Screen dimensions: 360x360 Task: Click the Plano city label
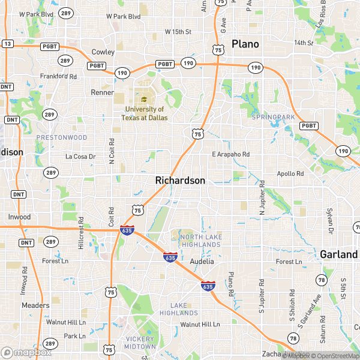(x=245, y=44)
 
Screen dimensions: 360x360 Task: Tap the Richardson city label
(x=180, y=180)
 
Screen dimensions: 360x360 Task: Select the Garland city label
(x=338, y=254)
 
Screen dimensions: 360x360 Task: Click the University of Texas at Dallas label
(x=145, y=113)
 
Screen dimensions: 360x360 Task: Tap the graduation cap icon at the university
(x=144, y=100)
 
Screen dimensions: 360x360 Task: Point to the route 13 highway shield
(x=7, y=44)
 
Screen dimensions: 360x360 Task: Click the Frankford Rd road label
(x=58, y=77)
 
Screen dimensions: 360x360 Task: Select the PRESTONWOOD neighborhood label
(x=62, y=137)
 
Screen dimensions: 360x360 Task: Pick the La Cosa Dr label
(x=80, y=157)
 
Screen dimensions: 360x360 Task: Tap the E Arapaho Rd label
(x=230, y=154)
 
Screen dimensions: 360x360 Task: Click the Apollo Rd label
(x=292, y=173)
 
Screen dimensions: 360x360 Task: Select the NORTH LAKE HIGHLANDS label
(x=200, y=241)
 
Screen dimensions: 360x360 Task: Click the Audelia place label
(x=202, y=262)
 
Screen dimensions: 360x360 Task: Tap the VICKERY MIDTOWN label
(x=140, y=343)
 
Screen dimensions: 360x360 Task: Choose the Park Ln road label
(x=75, y=336)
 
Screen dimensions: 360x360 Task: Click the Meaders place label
(x=35, y=305)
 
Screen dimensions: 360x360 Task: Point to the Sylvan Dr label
(x=329, y=220)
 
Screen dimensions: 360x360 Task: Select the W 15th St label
(x=178, y=31)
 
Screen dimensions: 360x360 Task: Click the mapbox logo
(x=26, y=352)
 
